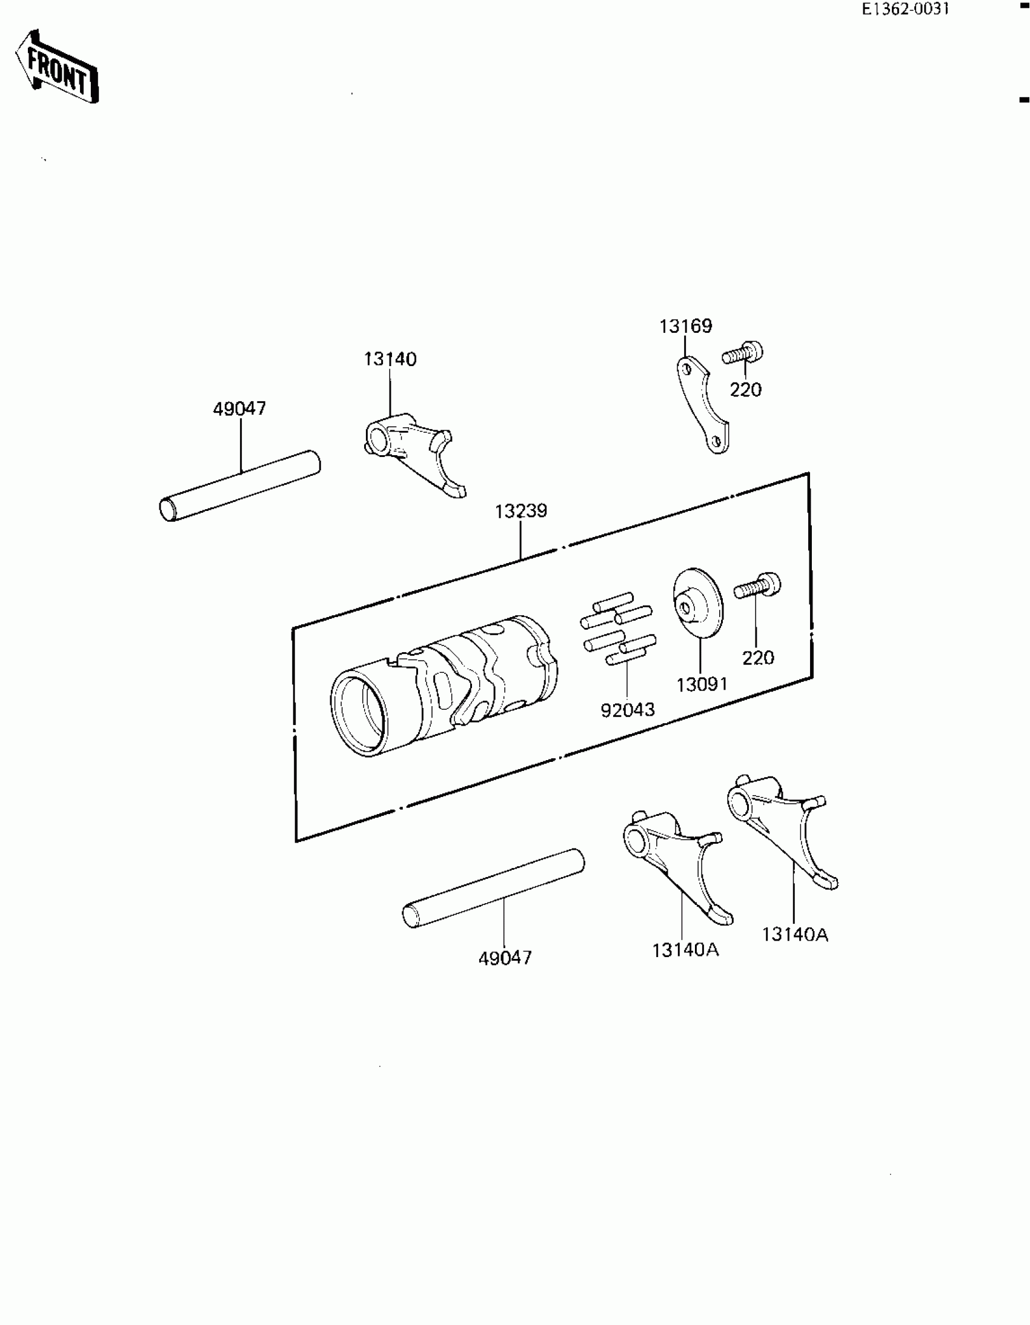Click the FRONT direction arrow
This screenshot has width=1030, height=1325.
click(57, 67)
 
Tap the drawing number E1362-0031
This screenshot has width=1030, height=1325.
click(905, 9)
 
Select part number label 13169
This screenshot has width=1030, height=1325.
click(685, 326)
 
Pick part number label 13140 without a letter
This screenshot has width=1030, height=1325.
click(390, 359)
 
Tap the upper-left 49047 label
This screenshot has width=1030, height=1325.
click(239, 409)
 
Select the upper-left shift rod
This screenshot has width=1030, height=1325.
click(239, 486)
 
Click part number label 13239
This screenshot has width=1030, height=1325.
click(520, 512)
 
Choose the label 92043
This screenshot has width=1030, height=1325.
click(627, 710)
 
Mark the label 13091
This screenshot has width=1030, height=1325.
click(702, 685)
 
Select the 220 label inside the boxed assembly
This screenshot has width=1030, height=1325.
click(757, 658)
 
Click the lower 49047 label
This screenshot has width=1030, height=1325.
click(505, 958)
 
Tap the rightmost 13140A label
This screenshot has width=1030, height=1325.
click(795, 935)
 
